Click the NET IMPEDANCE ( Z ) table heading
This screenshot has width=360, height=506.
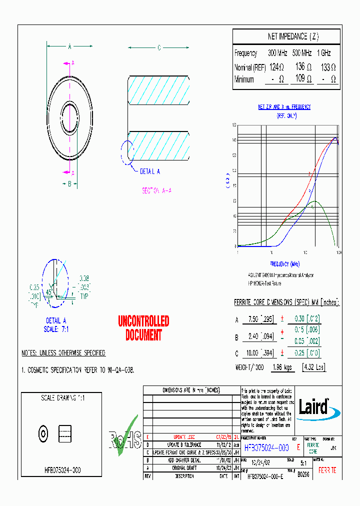click(286, 37)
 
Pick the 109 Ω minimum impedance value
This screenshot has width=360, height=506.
click(301, 79)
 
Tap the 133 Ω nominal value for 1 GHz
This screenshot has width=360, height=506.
click(328, 66)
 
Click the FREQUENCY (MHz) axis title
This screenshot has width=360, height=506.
click(284, 263)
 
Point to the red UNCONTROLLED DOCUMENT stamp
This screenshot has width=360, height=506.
click(143, 328)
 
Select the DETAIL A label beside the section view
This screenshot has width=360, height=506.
click(149, 171)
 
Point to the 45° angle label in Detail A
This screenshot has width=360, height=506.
click(49, 292)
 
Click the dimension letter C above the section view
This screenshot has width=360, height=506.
click(159, 48)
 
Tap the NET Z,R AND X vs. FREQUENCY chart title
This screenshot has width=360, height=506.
click(284, 107)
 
